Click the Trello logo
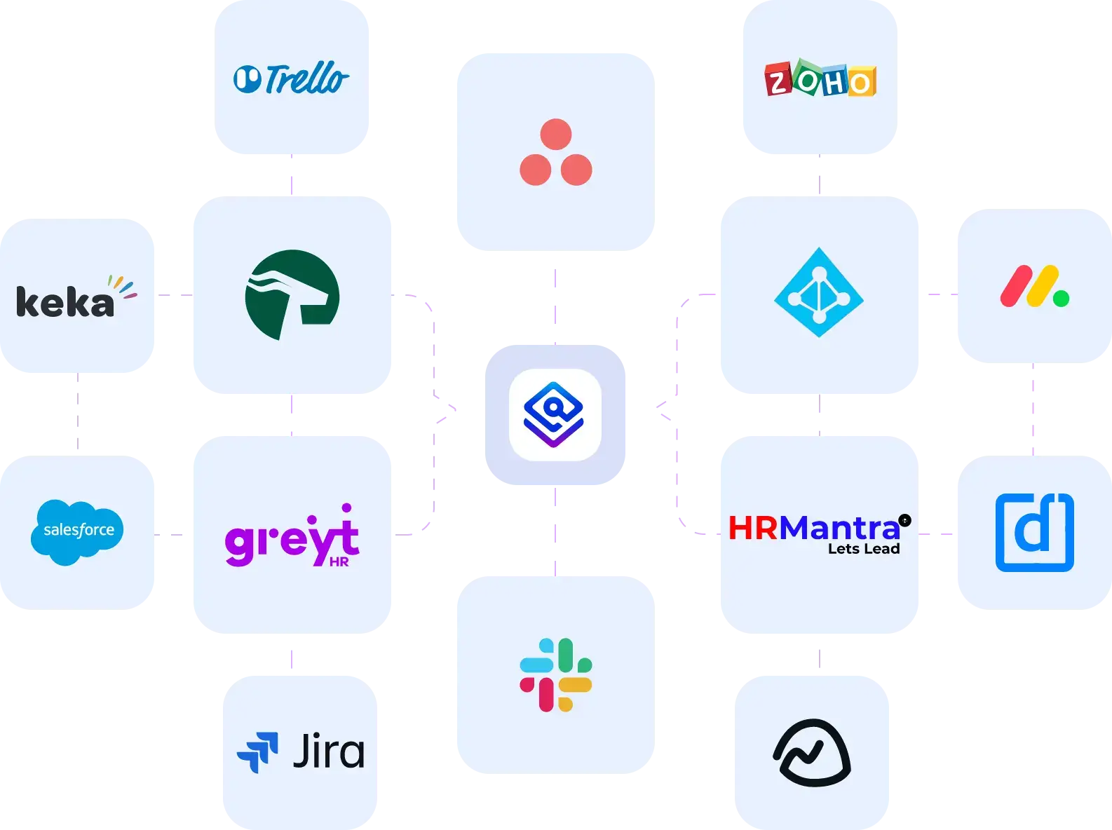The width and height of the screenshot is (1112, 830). tap(291, 79)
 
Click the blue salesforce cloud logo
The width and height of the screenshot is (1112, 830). tap(77, 531)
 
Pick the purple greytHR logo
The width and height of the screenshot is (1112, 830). tap(292, 538)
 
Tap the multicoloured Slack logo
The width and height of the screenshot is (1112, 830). tap(555, 674)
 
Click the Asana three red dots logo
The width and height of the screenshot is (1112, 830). tap(555, 153)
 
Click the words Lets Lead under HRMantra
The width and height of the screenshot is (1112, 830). tap(864, 549)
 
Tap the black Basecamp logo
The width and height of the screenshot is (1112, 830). tap(812, 752)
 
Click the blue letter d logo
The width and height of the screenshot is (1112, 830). tap(1034, 532)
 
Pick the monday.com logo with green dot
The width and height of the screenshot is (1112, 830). tap(1033, 287)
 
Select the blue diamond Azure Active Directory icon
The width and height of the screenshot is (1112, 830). tap(818, 293)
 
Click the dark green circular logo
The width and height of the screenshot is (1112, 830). tap(292, 294)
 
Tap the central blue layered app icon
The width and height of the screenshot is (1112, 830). tap(555, 414)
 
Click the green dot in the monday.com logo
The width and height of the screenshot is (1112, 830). tap(1061, 299)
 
